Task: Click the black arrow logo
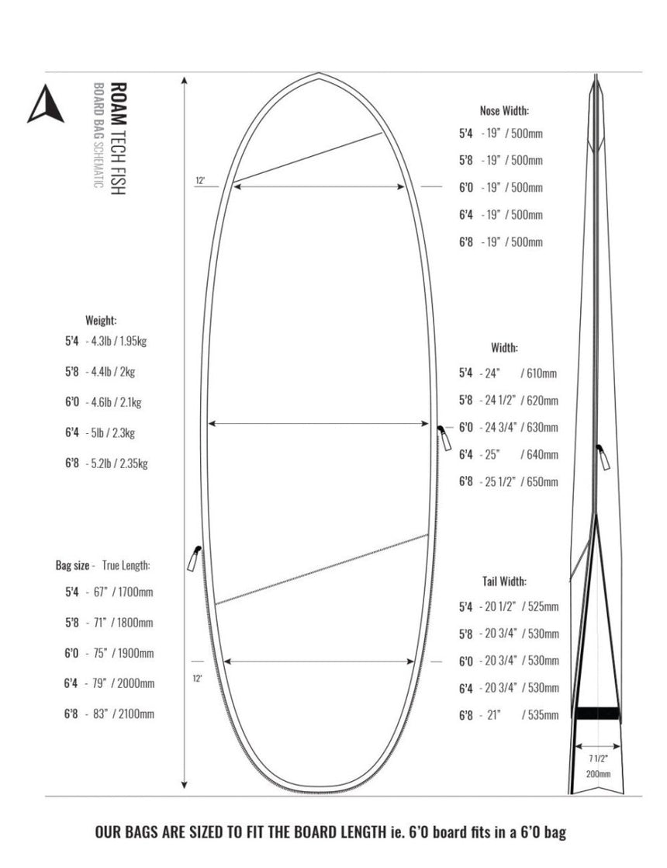46,104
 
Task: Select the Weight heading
101,320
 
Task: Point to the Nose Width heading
504,111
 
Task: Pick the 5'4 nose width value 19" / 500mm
512,134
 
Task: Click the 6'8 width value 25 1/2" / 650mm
519,482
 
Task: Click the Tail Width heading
504,581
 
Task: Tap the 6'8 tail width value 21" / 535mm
519,715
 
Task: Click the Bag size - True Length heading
103,565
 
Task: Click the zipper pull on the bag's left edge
193,558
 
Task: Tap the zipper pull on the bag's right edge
444,436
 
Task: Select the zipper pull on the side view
602,458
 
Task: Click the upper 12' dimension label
199,181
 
